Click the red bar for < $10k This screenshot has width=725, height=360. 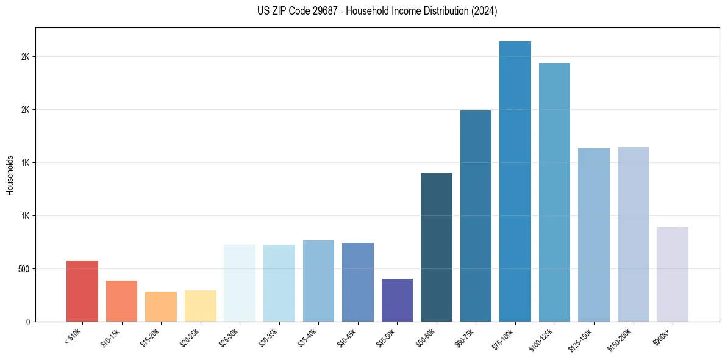(82, 291)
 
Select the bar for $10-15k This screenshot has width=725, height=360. (121, 301)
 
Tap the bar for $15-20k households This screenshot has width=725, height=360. (161, 306)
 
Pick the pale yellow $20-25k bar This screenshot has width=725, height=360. (201, 306)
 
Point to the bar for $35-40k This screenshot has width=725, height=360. (318, 281)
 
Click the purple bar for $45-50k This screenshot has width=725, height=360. (397, 300)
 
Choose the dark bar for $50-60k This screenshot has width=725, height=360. (437, 247)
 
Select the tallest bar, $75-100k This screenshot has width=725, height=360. (515, 181)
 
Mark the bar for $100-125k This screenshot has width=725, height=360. (554, 192)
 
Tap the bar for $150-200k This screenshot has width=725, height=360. (633, 234)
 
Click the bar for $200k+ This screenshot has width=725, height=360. (673, 274)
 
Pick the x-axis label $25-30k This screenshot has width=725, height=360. (229, 337)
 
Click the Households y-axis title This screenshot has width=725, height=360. (10, 175)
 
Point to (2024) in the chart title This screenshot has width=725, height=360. (484, 12)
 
